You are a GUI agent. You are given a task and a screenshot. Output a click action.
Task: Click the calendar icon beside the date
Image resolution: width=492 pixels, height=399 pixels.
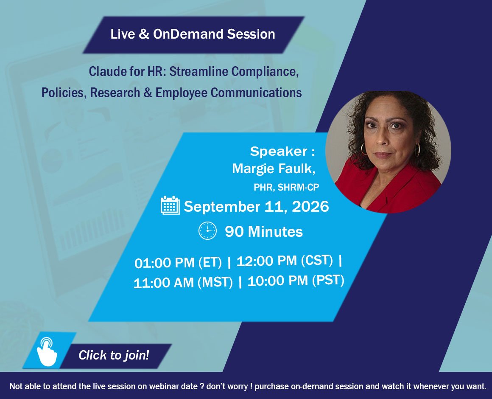(x=170, y=205)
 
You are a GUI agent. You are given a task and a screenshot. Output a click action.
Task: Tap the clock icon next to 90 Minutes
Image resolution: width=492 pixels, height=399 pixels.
(x=208, y=231)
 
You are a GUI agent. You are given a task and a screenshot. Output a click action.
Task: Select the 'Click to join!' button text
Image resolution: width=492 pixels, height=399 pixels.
(x=114, y=355)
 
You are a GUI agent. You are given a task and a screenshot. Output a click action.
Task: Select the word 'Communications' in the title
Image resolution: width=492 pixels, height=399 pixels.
(x=256, y=93)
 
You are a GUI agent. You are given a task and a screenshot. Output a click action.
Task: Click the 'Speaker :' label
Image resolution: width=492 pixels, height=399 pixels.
(x=282, y=151)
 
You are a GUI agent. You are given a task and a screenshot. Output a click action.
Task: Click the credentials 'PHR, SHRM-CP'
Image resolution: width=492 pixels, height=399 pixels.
(x=286, y=188)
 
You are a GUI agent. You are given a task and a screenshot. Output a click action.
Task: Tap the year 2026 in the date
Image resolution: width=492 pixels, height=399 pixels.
(x=310, y=207)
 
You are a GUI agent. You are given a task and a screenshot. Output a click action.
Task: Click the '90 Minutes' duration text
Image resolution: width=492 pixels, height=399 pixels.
(x=264, y=232)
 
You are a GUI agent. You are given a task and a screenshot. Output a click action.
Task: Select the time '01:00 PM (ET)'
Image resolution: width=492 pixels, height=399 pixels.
(x=178, y=262)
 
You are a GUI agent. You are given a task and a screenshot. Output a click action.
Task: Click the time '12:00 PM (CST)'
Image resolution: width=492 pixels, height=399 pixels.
(x=285, y=261)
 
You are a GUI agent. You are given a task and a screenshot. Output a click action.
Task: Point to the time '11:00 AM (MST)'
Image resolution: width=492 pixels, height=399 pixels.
(x=183, y=282)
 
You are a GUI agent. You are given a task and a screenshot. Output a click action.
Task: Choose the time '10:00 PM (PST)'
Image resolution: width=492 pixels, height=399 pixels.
(x=296, y=281)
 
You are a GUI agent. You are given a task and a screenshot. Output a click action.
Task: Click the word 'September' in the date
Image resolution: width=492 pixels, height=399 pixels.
(x=222, y=207)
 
